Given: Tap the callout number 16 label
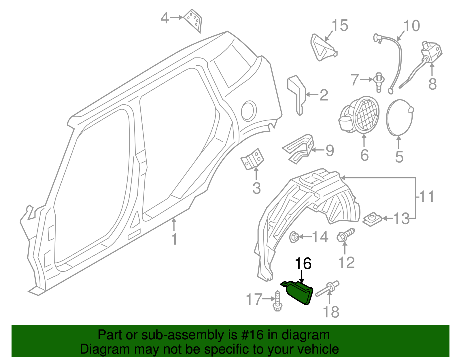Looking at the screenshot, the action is pos(303,264).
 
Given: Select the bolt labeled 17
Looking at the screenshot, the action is pos(277,301).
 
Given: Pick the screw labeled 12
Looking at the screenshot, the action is pos(345,235).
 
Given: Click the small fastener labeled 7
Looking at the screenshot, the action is pos(379,83).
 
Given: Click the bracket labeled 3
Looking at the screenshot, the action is pos(252,159).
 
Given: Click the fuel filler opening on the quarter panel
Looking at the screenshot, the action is pos(249,111).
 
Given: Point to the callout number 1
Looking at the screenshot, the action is pos(174,239).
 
